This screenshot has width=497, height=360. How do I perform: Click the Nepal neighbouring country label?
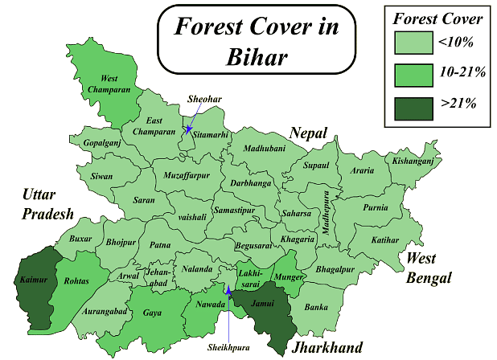coord(310,133)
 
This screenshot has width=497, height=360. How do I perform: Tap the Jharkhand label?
coord(327,347)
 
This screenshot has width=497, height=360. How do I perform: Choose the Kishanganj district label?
coord(413,162)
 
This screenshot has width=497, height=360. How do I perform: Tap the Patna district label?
coord(161,245)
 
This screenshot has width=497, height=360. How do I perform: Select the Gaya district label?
coord(151,313)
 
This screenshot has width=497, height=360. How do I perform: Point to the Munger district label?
coord(288,277)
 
